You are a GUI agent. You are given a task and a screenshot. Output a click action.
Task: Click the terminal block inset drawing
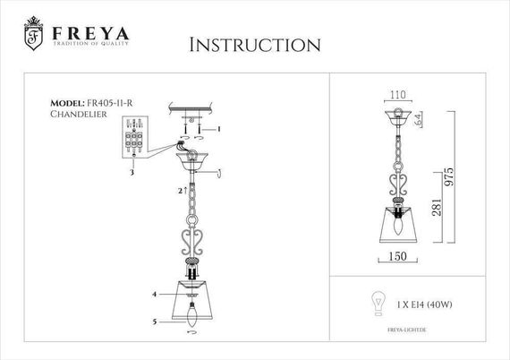133,143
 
